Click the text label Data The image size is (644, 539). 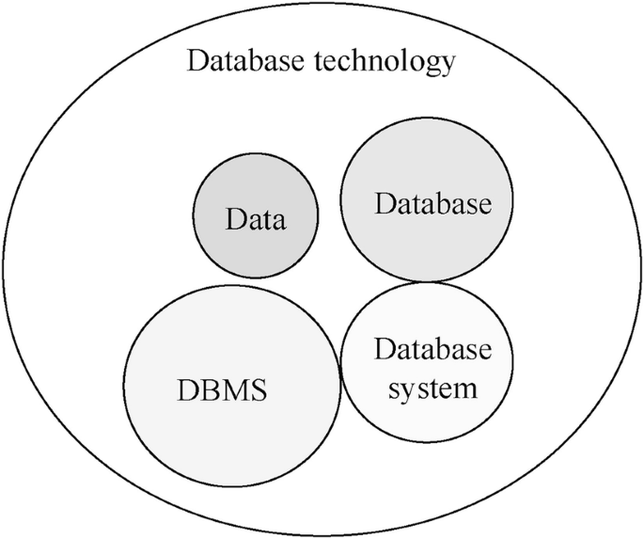(255, 221)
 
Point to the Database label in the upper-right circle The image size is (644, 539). (432, 204)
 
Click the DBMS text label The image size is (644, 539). (222, 389)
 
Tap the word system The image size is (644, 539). (432, 387)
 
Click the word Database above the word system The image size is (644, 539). (432, 351)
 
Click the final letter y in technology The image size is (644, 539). (448, 67)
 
